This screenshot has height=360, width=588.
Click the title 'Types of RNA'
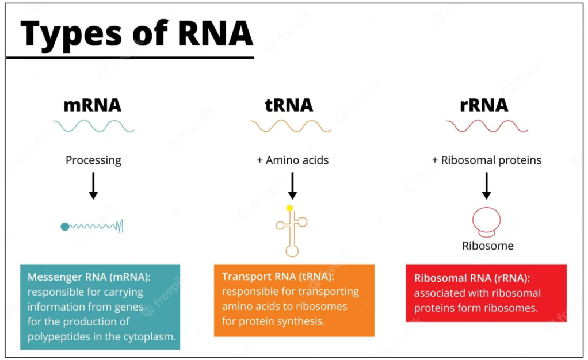click(x=136, y=33)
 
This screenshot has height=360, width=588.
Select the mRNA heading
click(x=93, y=105)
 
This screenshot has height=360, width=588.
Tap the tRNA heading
click(x=289, y=105)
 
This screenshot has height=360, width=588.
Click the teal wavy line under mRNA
click(x=93, y=125)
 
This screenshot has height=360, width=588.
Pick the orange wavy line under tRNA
click(x=290, y=125)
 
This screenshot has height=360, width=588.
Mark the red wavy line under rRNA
click(x=487, y=125)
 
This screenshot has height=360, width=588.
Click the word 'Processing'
click(x=93, y=160)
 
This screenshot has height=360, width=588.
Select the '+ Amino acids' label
click(x=292, y=160)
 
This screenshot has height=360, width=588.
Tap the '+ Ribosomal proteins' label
click(x=486, y=160)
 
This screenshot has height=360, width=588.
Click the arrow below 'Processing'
click(x=93, y=186)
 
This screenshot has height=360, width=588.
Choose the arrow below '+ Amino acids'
click(x=292, y=185)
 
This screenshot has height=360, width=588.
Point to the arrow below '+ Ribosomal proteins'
click(x=487, y=185)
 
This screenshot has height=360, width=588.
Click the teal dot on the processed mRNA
click(x=65, y=227)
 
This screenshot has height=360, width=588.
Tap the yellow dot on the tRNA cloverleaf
click(x=289, y=208)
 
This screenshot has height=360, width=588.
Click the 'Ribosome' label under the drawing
click(x=488, y=246)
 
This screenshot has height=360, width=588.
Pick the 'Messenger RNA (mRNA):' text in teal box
click(x=89, y=277)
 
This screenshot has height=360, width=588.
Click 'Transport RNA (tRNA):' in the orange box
click(x=277, y=277)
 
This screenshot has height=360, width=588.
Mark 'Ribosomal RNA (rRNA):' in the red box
click(x=472, y=278)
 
